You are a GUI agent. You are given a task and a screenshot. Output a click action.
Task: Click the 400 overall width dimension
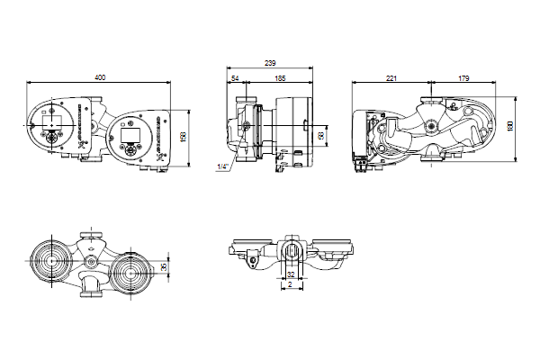pyautogui.click(x=100, y=77)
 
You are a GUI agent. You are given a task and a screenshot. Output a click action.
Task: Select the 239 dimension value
pyautogui.click(x=270, y=63)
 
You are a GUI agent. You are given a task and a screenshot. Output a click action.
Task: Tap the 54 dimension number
pyautogui.click(x=235, y=78)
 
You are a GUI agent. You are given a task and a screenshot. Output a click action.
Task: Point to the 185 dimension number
pyautogui.click(x=280, y=78)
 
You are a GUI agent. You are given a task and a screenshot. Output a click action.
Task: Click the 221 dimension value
pyautogui.click(x=391, y=78)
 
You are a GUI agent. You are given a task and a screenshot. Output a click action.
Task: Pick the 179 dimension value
pyautogui.click(x=463, y=78)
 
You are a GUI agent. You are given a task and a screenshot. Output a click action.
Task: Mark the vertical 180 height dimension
pyautogui.click(x=510, y=125)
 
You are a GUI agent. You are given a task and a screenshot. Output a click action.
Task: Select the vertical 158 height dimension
pyautogui.click(x=184, y=137)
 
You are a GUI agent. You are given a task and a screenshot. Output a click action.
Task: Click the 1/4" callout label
pyautogui.click(x=222, y=166)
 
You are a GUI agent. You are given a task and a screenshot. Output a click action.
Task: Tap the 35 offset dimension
pyautogui.click(x=164, y=267)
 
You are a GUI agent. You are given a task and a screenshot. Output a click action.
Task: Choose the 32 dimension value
pyautogui.click(x=291, y=274)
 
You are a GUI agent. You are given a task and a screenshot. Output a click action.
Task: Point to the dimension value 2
pyautogui.click(x=290, y=284)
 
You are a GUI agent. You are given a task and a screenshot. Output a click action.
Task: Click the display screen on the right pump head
pyautogui.click(x=130, y=134)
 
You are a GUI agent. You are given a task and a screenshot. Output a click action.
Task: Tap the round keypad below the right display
pyautogui.click(x=130, y=148)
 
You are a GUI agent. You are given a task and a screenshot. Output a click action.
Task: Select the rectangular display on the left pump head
pyautogui.click(x=51, y=122)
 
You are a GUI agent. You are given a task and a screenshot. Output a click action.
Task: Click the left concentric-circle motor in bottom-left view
pyautogui.click(x=51, y=262)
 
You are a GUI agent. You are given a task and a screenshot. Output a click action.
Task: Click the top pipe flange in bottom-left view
pyautogui.click(x=91, y=235)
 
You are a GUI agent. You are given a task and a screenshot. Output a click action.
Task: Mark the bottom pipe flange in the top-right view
pyautogui.click(x=432, y=157)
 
